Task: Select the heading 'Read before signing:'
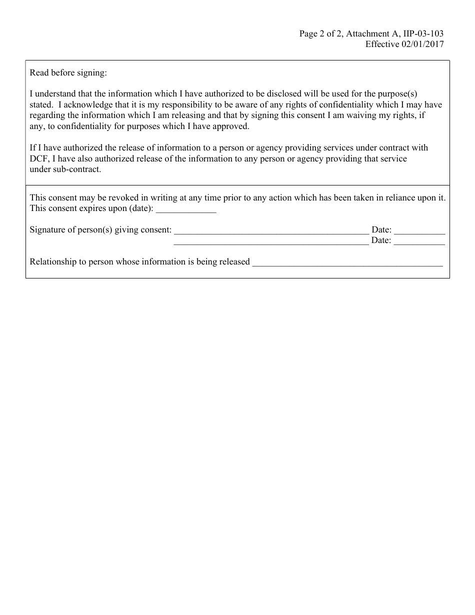68,72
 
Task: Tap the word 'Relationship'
52,261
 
